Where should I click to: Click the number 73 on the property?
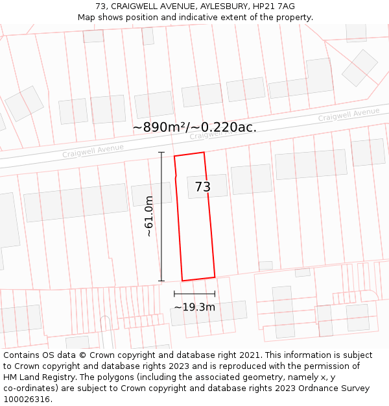pos(203,187)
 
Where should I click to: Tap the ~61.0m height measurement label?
pos(149,216)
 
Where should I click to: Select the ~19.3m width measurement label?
pos(194,307)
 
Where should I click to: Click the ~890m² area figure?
pos(161,127)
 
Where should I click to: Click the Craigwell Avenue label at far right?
pos(349,115)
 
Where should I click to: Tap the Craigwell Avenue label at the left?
pos(93,151)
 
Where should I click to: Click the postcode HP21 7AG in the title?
pos(274,6)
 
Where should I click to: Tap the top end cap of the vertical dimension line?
pos(161,153)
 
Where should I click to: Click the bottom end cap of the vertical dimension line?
pos(161,281)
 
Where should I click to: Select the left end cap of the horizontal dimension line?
pos(174,294)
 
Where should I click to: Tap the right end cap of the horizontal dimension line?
pos(215,294)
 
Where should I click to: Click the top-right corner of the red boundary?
pos(204,153)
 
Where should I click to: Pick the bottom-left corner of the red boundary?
pos(182,281)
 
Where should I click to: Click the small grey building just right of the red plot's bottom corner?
pos(266,265)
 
